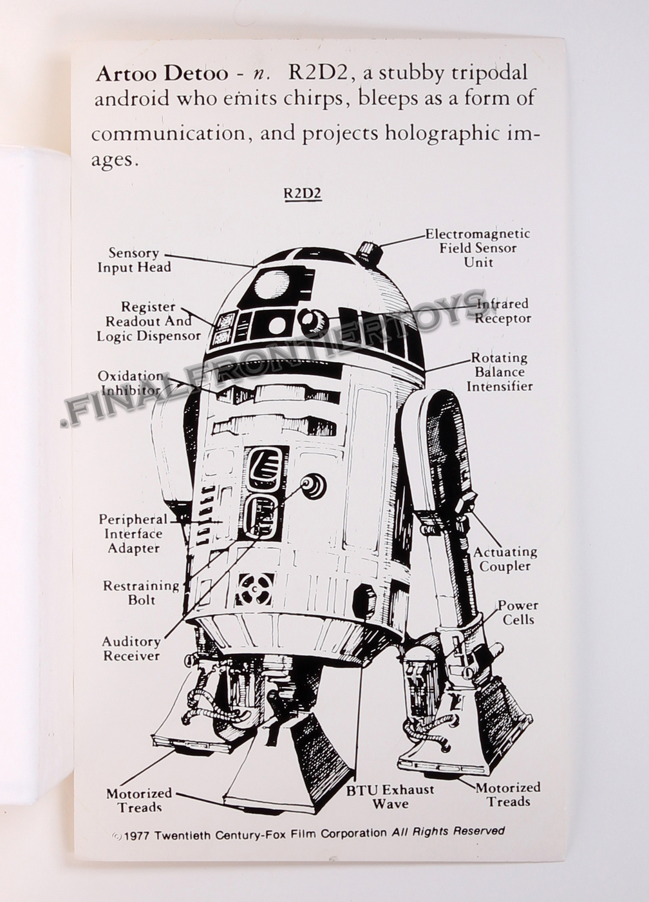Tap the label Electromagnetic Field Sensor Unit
(477, 248)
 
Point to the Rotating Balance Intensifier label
(499, 372)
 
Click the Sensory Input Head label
(134, 260)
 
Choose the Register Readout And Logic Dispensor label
(149, 321)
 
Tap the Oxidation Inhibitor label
(129, 383)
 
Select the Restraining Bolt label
(141, 592)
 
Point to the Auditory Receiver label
(131, 648)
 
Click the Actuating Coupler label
(505, 559)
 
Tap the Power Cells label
(518, 612)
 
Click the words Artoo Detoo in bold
(161, 73)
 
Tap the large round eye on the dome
(272, 283)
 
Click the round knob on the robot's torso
(314, 486)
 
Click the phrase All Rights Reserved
(448, 831)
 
